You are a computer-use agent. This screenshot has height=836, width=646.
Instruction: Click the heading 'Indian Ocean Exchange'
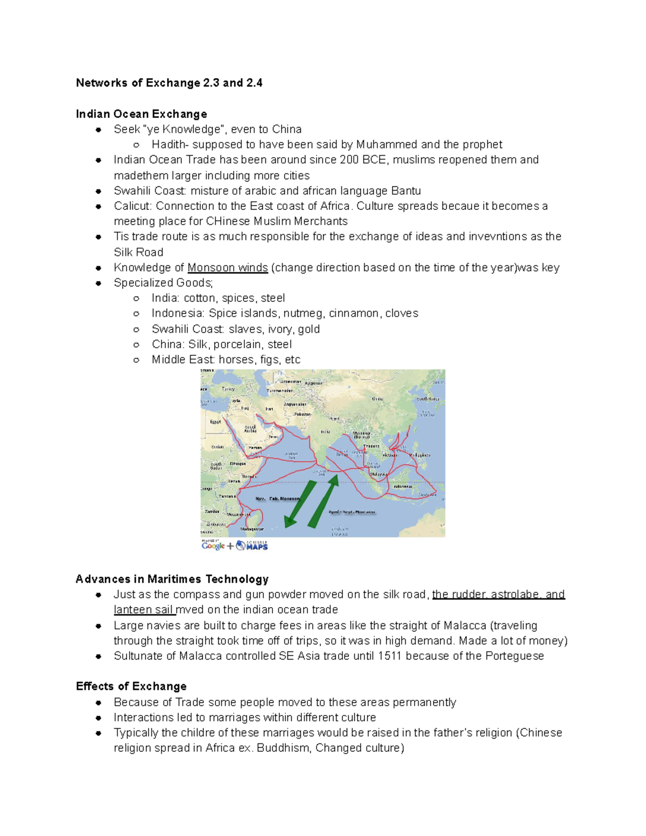[x=141, y=114]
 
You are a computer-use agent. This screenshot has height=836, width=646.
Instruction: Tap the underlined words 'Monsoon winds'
[x=227, y=268]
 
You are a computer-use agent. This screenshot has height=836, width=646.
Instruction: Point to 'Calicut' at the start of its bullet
[x=132, y=206]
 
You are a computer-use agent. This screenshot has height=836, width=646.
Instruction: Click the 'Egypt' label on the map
[x=215, y=421]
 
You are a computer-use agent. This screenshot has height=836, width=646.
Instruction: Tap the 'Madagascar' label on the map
[x=252, y=529]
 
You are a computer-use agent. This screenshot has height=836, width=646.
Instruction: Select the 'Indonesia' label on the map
[x=403, y=486]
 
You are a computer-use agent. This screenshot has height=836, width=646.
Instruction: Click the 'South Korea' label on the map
[x=427, y=399]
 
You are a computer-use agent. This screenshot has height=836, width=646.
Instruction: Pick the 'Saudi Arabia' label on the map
[x=250, y=429]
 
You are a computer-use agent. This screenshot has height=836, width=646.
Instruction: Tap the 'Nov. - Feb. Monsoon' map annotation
[x=277, y=499]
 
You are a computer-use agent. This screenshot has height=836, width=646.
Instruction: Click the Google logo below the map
[x=213, y=545]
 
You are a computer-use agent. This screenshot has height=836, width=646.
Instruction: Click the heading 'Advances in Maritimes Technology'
[x=172, y=579]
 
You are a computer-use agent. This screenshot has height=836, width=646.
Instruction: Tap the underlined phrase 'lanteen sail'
[x=143, y=609]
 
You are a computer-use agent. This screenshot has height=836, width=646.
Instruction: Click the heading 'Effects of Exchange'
[x=131, y=686]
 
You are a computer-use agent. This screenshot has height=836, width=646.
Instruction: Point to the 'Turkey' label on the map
[x=228, y=389]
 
